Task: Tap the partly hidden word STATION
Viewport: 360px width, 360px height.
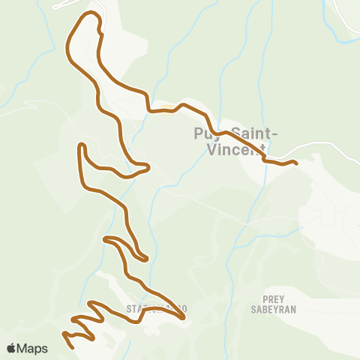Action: click(x=141, y=308)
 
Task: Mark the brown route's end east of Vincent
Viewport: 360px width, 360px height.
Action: click(x=296, y=163)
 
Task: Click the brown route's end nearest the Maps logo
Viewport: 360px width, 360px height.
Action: click(x=72, y=347)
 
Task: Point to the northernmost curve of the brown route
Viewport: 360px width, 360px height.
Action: click(x=91, y=13)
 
